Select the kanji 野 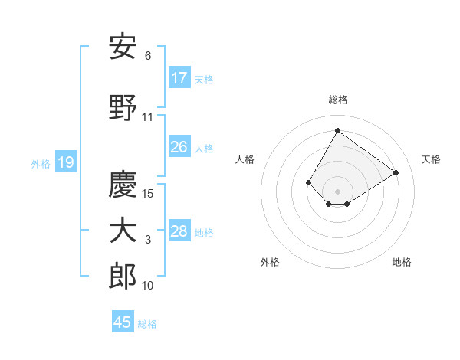123,108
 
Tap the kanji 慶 123,184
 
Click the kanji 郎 123,276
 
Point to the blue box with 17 179,78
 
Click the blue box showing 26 179,147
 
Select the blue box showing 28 179,231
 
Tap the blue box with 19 65,162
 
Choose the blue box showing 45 123,322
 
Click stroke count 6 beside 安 148,56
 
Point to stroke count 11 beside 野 148,117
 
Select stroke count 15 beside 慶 149,194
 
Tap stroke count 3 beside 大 148,241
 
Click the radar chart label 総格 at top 337,100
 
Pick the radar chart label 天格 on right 431,159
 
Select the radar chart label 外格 270,262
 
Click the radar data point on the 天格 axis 396,172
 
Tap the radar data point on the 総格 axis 337,130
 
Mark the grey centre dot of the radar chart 337,191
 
